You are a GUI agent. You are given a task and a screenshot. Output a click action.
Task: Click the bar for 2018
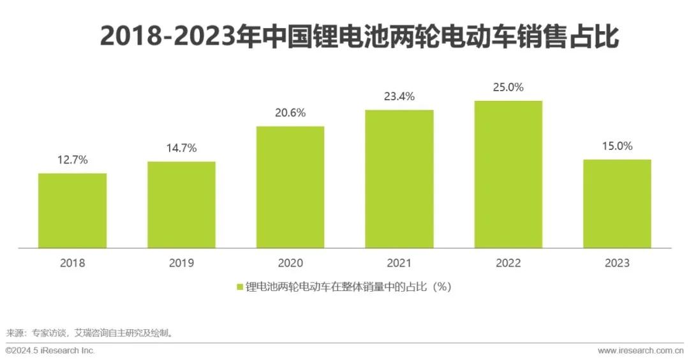coord(72,210)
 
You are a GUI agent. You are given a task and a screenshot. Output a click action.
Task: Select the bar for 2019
coord(181,204)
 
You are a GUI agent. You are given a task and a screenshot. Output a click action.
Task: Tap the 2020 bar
coord(290,186)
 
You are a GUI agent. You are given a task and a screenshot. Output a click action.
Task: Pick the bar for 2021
coord(399,178)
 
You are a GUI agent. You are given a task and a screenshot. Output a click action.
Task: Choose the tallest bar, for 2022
coord(508,174)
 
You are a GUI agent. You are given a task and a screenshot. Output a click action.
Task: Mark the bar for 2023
coord(617,203)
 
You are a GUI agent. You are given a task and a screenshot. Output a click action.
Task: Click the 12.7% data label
coord(72,160)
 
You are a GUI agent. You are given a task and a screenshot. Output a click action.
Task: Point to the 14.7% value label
coord(181,148)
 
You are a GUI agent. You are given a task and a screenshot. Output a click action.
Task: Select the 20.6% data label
coord(290,113)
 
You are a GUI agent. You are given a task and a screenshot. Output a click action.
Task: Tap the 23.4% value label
coord(399,97)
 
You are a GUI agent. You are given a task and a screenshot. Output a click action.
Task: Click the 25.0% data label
coord(508,87)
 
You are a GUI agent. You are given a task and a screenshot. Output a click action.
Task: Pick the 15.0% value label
coord(617,146)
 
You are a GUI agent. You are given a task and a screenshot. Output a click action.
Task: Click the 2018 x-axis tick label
coord(72,263)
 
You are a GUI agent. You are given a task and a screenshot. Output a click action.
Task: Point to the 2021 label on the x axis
coord(399,263)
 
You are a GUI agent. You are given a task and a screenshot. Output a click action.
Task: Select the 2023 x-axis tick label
coord(617,263)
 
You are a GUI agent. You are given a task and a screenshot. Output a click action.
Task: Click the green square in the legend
coord(240,287)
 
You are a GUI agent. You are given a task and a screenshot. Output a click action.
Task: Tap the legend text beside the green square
coord(349,287)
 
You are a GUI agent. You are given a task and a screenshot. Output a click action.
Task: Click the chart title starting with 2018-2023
coord(359,36)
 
